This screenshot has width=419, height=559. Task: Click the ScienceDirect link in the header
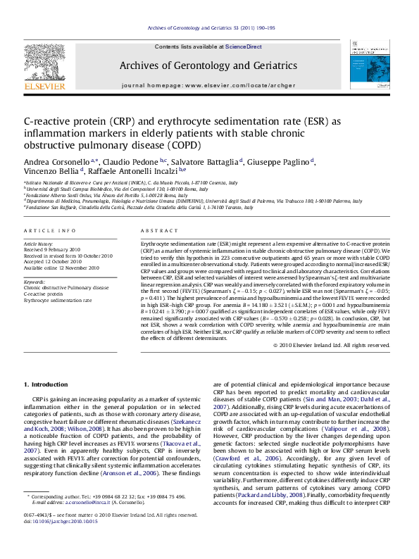coord(244,46)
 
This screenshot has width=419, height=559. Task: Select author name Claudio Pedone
coord(138,161)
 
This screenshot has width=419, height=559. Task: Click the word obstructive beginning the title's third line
coord(49,146)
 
